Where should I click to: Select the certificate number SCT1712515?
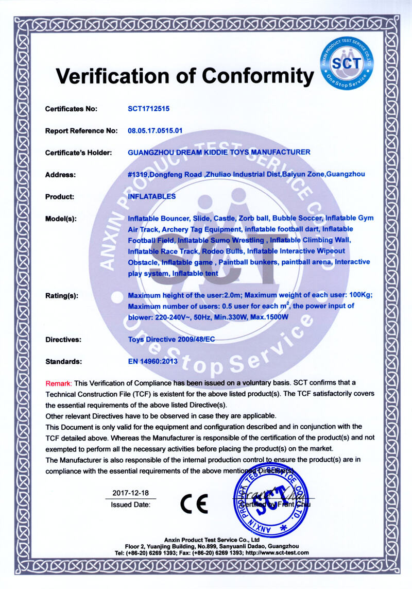[149, 109]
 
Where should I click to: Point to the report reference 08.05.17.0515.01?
[162, 130]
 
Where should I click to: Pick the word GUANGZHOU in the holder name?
[150, 152]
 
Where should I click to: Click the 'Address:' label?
[61, 175]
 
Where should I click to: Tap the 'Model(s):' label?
[61, 218]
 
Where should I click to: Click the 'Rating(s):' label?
[62, 296]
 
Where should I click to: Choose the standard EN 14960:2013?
[152, 361]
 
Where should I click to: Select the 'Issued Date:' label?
[131, 505]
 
